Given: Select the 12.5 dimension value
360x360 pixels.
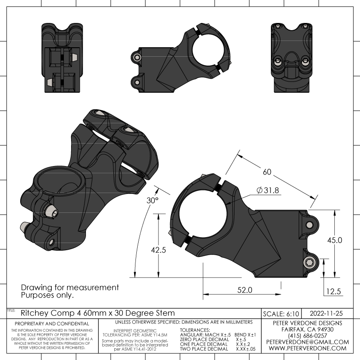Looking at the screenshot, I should point(333,292).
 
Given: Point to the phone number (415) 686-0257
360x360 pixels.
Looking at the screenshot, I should point(307,336).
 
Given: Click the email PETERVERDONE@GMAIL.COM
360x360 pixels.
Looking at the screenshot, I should point(307,342).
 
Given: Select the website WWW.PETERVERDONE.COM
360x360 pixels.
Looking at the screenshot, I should point(307,348).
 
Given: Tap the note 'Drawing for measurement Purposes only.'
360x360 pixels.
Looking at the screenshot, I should point(70,291).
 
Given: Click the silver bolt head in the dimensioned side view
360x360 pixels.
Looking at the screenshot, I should point(309,262).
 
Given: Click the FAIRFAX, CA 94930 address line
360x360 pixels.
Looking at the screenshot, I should point(307,329).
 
